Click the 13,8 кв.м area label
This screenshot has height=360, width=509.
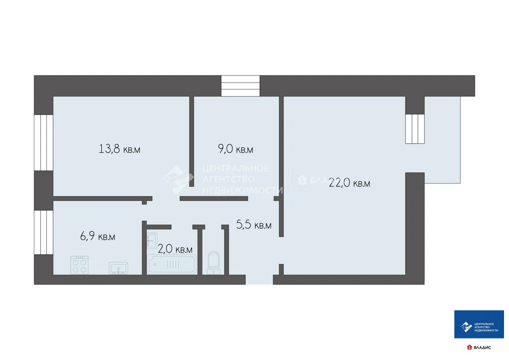point(119,149)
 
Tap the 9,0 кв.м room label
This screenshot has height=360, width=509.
point(236,149)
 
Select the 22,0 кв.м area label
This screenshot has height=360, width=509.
point(349,183)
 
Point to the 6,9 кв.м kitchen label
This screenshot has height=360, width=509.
point(98,237)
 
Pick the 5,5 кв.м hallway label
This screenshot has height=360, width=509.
point(254,225)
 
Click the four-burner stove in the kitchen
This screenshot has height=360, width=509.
point(80,265)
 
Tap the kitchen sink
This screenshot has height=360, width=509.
point(118,268)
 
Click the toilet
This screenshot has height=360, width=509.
point(214,262)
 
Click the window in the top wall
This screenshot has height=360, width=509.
point(241,86)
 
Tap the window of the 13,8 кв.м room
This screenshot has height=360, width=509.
point(43,142)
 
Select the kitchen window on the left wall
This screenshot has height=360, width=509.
point(43,232)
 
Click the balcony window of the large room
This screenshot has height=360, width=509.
point(415,129)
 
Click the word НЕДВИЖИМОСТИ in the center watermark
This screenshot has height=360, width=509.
point(243,190)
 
